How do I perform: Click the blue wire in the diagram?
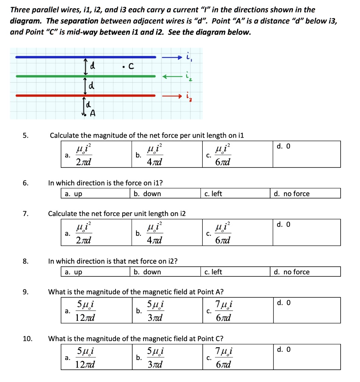(86, 57)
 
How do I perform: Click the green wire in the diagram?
(86, 76)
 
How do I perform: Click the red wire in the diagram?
(86, 95)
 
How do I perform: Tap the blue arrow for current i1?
(172, 57)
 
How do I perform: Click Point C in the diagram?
(123, 68)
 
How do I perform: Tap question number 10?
(27, 339)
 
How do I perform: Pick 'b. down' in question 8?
(148, 272)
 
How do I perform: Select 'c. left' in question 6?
(213, 194)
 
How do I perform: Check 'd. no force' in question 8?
(291, 272)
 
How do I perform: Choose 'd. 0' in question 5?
(283, 146)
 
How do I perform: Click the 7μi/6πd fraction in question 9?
(224, 311)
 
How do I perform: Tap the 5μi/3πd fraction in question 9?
(154, 311)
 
